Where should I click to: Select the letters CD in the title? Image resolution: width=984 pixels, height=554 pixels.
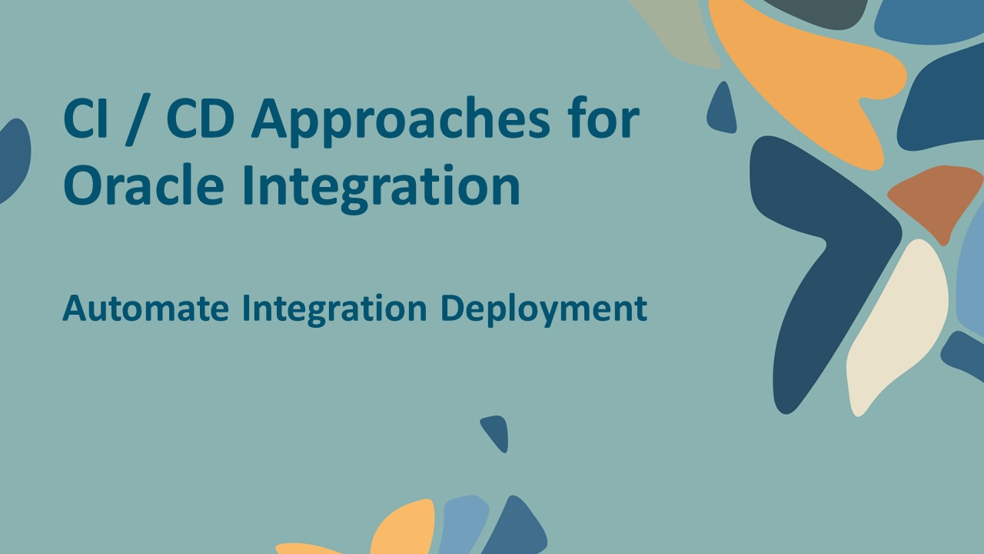point(201,121)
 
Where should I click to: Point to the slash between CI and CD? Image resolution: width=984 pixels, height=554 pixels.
point(139,122)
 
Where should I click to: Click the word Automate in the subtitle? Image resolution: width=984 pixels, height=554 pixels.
point(145,309)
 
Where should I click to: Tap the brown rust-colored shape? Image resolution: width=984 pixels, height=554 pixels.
point(934,200)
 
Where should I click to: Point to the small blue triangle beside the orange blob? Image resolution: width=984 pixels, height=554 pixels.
point(722,109)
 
